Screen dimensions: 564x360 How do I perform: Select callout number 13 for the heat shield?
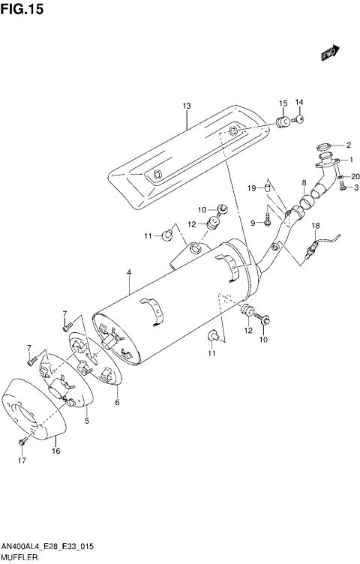tap(187, 106)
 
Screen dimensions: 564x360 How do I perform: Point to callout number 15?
tap(283, 103)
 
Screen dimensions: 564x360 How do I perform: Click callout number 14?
tap(298, 103)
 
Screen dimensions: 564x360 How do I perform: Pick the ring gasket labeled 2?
tap(323, 145)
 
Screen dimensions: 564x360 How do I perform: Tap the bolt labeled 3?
tap(343, 189)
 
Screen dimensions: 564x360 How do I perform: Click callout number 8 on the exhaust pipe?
tap(304, 182)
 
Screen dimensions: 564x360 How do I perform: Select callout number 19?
tap(253, 187)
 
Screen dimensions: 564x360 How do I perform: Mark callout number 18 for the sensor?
tap(316, 226)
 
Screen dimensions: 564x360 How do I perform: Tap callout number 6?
tap(117, 403)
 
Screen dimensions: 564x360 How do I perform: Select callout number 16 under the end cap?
tap(55, 451)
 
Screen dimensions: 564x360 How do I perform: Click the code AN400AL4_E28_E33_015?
tap(47, 547)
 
